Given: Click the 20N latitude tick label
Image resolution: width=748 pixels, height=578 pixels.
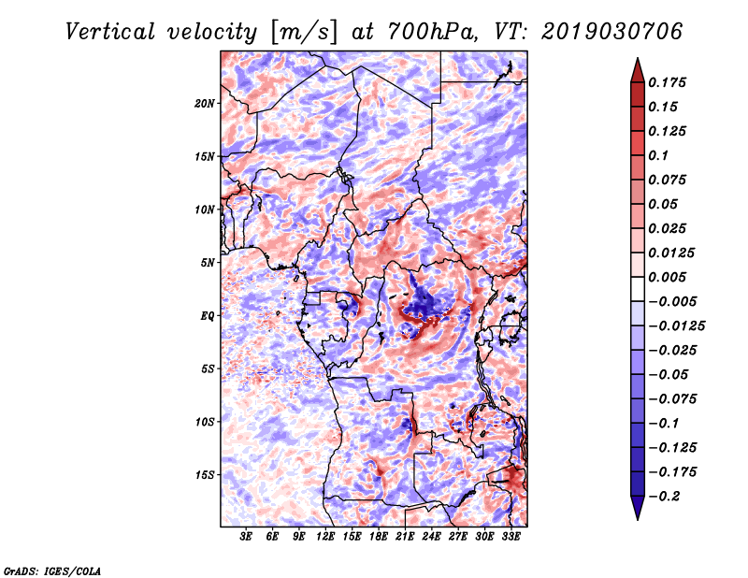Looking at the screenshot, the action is point(204,104).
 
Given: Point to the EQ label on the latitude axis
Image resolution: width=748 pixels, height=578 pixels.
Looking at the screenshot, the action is point(207,316).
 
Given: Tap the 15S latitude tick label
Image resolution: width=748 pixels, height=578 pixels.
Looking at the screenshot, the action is point(204,475).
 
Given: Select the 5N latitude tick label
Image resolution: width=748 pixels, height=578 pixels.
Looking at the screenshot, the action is point(207,263).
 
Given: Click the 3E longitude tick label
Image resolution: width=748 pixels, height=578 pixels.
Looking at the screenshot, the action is point(246,536).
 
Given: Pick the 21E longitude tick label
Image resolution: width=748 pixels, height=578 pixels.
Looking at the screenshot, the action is point(404,536).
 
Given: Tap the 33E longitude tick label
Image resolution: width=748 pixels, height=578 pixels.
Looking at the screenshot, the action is point(511,536).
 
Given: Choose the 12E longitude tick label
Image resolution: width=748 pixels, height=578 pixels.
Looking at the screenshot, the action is point(324,536).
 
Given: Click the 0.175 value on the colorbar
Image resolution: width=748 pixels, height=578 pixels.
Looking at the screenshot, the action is point(667,82).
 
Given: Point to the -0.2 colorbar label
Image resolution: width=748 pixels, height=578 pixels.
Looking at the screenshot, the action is point(663,497).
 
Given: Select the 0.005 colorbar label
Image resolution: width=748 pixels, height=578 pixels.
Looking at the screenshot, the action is point(667,277).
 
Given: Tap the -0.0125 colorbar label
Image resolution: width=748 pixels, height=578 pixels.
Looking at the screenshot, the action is point(676,326).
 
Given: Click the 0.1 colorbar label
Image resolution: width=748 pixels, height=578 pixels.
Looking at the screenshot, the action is point(658,155).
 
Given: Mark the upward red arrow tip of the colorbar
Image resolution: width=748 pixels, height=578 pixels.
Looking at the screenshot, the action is point(638,58).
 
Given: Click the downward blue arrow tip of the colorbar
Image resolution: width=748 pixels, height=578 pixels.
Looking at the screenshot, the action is point(638,519).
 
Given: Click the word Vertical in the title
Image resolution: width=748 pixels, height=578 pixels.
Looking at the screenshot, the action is point(109,32).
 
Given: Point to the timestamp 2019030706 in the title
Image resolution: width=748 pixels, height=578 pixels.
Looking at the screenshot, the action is point(611,32).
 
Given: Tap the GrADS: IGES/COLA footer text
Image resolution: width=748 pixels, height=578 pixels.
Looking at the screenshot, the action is point(52,571).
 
